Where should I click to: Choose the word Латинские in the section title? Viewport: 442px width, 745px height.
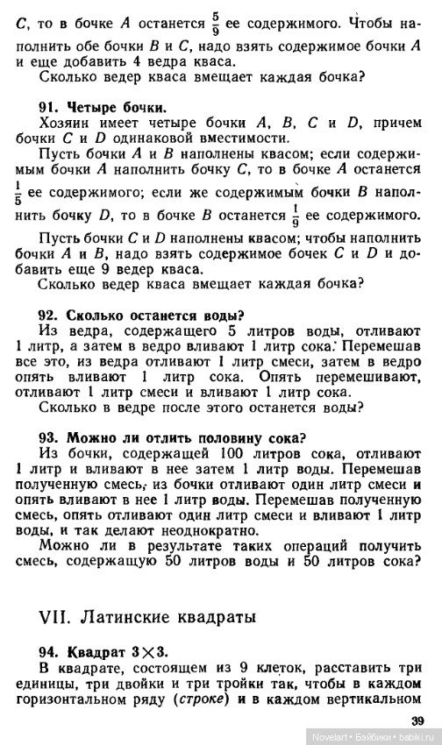coord(117,616)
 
